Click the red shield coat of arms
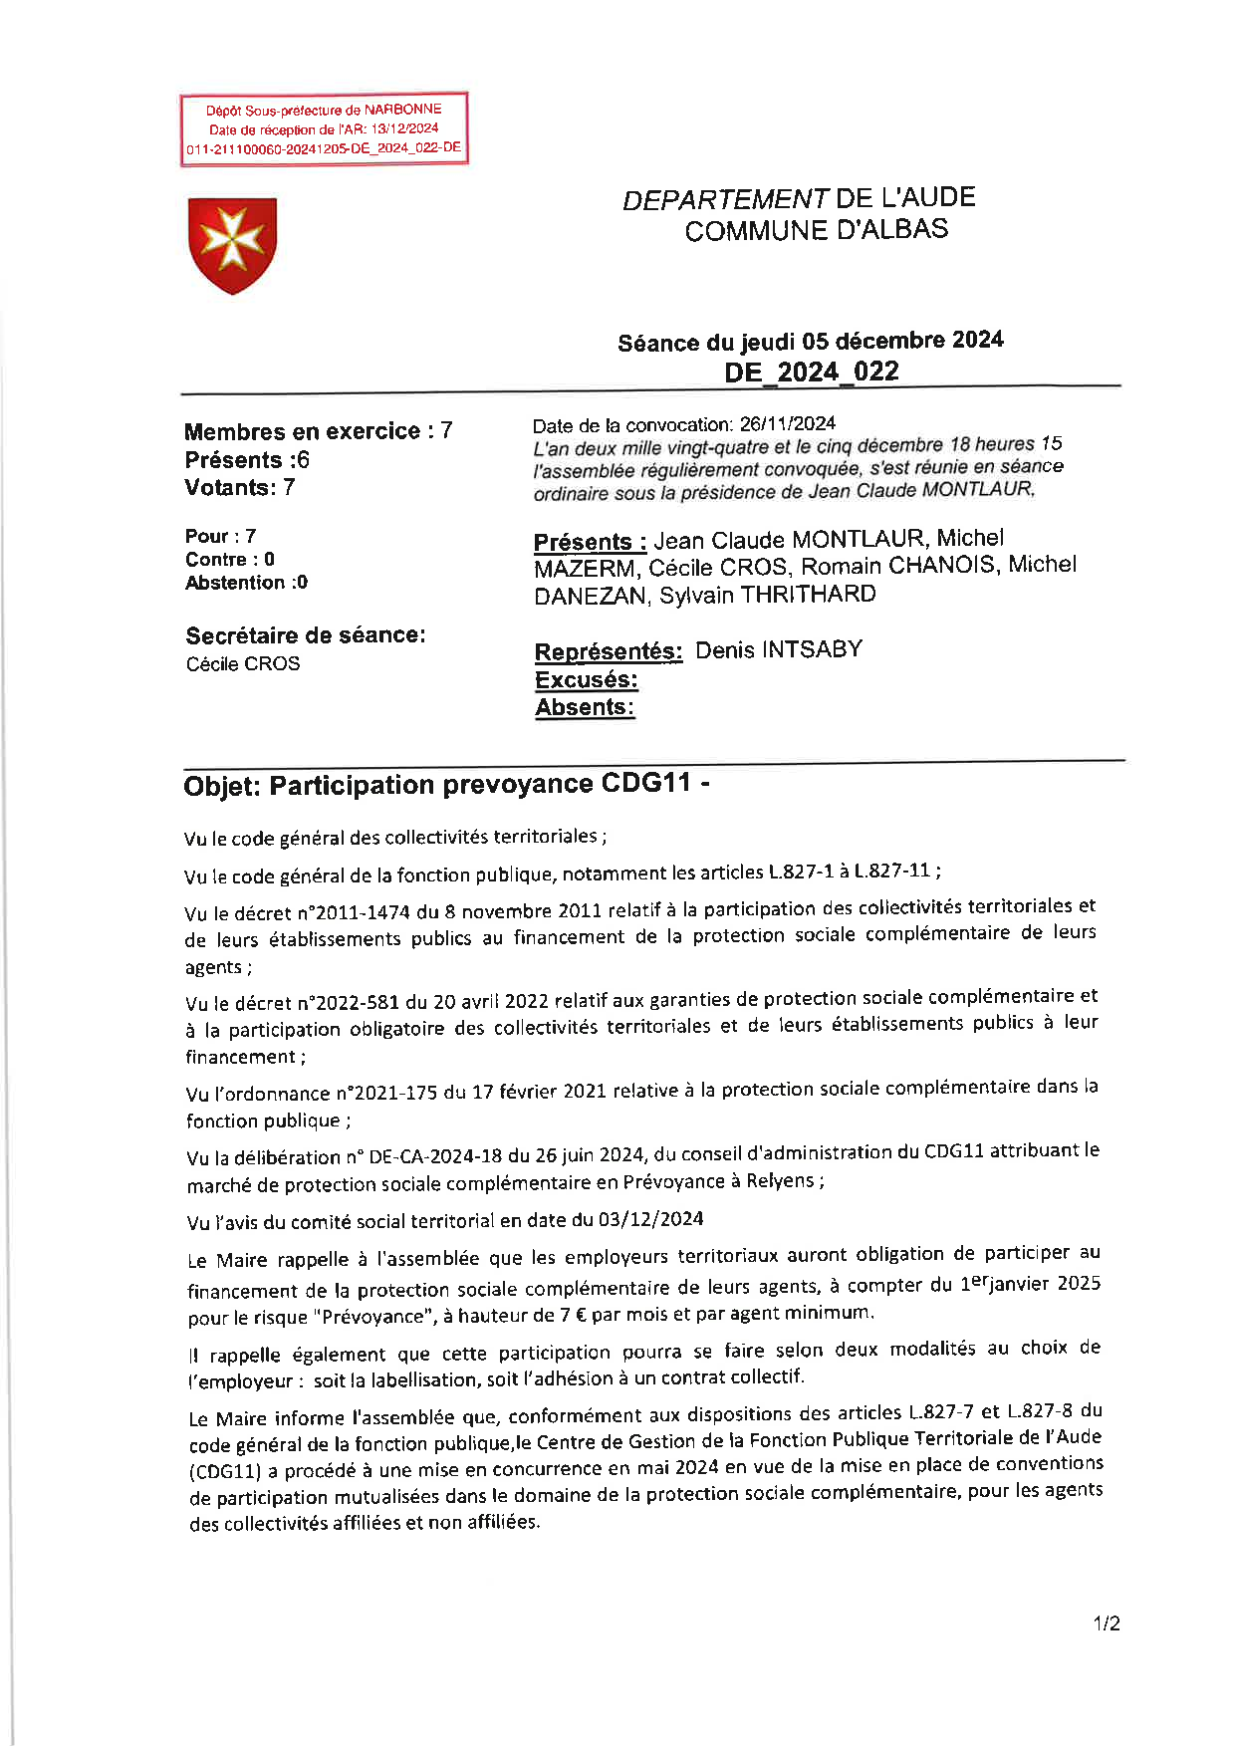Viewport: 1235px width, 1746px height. [x=232, y=245]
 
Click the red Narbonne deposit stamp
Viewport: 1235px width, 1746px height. [x=324, y=129]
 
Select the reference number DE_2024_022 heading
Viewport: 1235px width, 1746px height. [x=811, y=373]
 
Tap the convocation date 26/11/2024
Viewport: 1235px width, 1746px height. [x=787, y=424]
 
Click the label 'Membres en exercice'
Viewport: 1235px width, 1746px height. [x=302, y=431]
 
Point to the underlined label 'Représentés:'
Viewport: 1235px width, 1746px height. [x=608, y=652]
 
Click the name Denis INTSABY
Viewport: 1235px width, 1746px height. [x=778, y=650]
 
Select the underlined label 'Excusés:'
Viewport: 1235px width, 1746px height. [x=586, y=680]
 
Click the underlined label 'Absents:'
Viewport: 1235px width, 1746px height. [x=584, y=708]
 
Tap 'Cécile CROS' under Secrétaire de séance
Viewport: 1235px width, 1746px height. [x=242, y=664]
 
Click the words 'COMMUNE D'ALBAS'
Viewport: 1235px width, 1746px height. [x=816, y=231]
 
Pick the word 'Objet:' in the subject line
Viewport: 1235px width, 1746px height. [x=222, y=787]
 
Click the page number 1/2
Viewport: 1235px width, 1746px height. [x=1106, y=1623]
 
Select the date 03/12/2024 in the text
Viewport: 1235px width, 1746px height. [x=650, y=1219]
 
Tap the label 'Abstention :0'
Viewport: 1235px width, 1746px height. [x=246, y=583]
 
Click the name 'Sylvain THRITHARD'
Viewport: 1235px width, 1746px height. [x=767, y=595]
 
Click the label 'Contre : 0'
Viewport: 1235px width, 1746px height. [x=229, y=560]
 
